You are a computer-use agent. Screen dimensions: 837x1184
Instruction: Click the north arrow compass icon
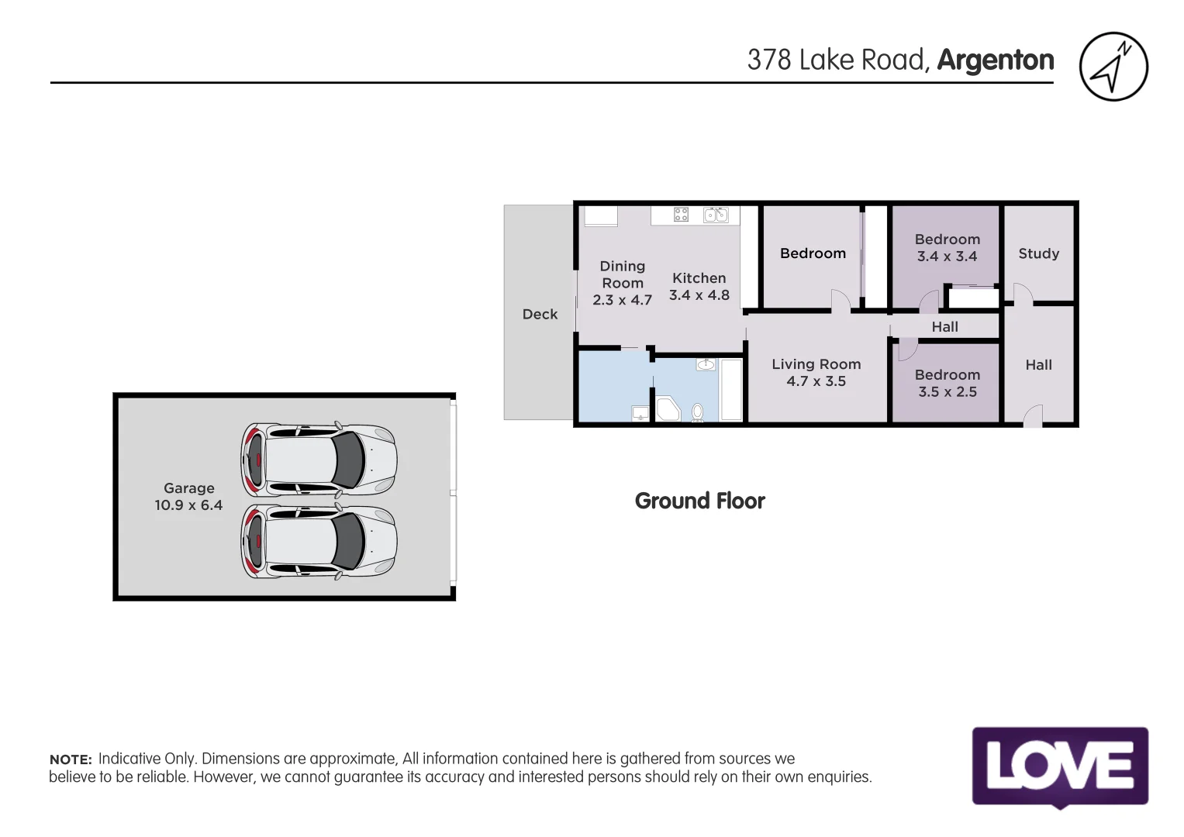coord(1113,67)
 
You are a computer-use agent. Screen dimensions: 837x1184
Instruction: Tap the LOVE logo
coord(1060,766)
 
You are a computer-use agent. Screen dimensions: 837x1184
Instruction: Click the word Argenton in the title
coord(996,60)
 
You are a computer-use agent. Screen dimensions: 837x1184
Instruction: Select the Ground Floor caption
coord(699,501)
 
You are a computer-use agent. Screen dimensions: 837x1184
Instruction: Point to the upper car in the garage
coord(319,460)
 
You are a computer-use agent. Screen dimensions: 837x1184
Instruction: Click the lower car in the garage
coord(319,541)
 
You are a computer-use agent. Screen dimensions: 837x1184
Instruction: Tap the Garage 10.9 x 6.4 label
coord(188,497)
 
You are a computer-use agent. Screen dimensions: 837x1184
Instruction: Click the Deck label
coord(540,314)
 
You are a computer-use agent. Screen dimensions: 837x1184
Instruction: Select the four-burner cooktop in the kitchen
coord(681,215)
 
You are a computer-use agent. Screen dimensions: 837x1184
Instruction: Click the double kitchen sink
coord(716,215)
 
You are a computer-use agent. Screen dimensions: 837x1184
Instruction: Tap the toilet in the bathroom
coord(697,412)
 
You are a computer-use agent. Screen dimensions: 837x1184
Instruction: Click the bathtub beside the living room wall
coord(730,390)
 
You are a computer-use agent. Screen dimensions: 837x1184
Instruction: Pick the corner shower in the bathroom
coord(667,409)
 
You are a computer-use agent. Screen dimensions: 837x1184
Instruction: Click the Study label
coord(1038,253)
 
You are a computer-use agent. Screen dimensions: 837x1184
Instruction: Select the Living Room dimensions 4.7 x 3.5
coord(816,381)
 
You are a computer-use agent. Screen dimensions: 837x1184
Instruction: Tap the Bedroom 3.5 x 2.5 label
coord(947,383)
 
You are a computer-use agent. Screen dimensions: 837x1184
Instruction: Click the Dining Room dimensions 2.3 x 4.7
coord(622,300)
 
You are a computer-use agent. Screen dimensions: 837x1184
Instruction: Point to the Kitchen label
coord(699,278)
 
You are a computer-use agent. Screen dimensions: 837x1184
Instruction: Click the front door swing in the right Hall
coord(1033,416)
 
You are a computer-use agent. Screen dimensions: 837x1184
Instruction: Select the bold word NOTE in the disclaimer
coord(71,759)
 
